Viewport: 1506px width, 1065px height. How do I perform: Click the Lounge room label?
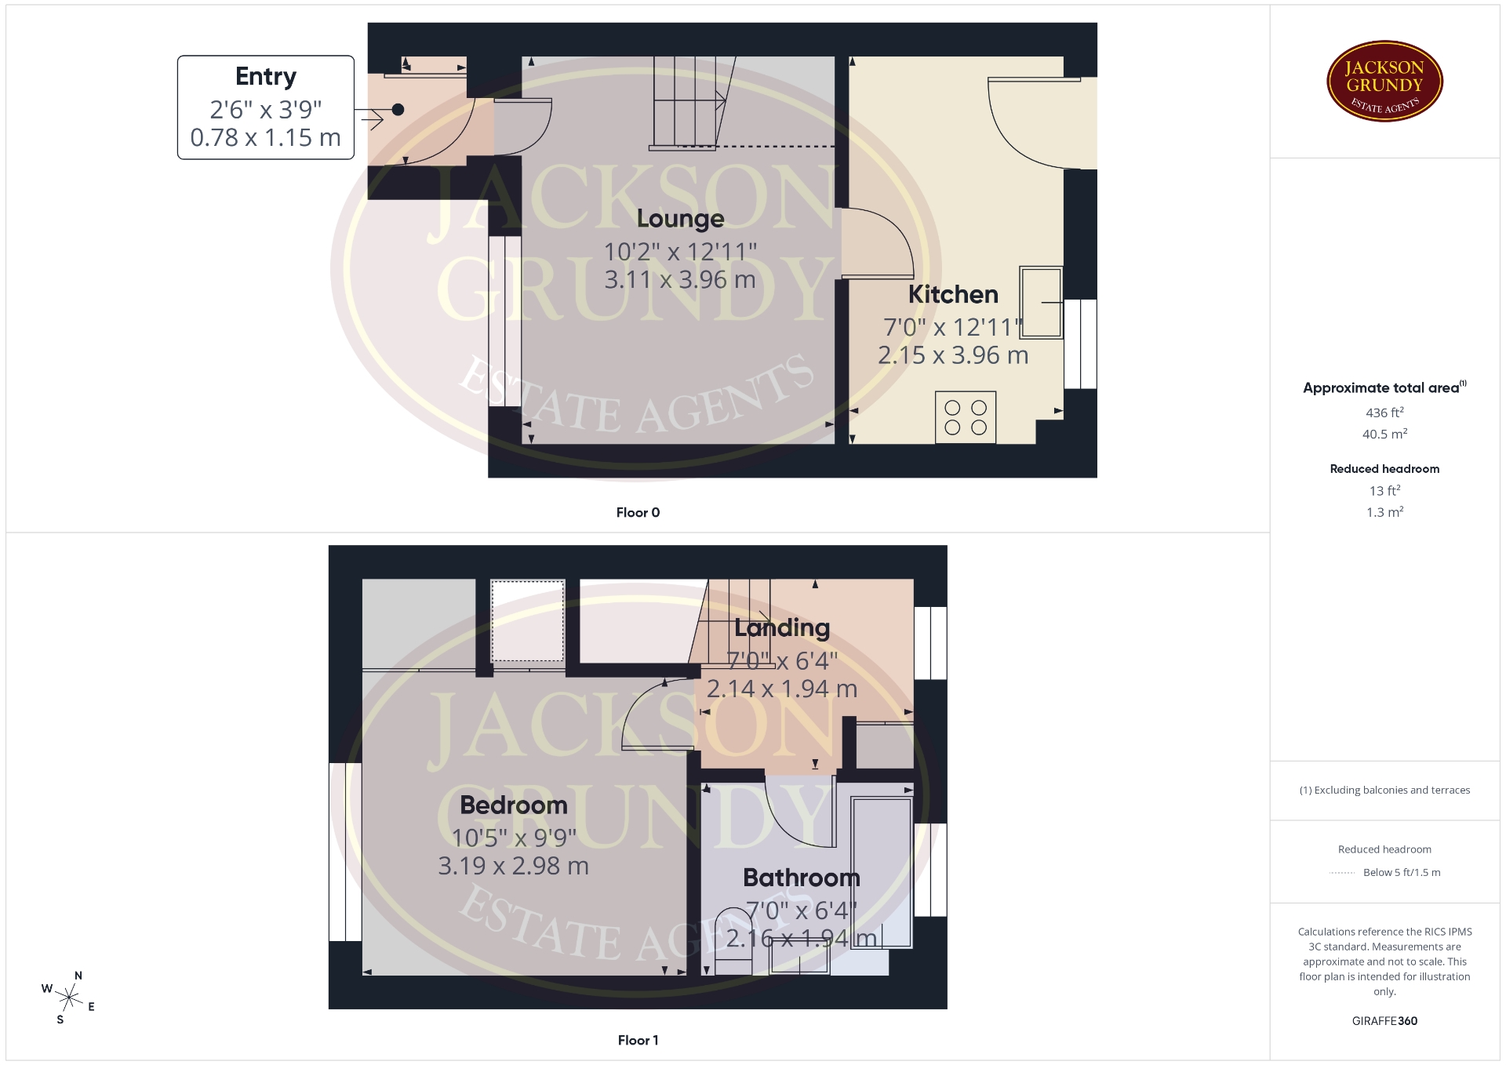(x=680, y=219)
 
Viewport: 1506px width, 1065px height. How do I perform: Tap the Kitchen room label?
(x=953, y=295)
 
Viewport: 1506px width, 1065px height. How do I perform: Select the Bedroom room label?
(x=513, y=805)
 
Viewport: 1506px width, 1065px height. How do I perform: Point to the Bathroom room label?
(x=801, y=878)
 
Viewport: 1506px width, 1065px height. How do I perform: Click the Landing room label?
(x=782, y=627)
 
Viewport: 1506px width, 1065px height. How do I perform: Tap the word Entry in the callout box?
(x=266, y=77)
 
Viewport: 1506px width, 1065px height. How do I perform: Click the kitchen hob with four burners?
(x=966, y=417)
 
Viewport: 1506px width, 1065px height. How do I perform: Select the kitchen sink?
(x=1041, y=302)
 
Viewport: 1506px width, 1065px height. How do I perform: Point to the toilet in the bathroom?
(x=733, y=940)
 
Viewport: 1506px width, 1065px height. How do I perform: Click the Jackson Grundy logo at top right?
(x=1384, y=82)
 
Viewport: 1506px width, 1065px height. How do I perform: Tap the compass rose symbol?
(x=69, y=998)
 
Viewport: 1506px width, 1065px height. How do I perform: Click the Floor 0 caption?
(x=638, y=512)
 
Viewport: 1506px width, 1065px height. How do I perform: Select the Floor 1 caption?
(x=638, y=1040)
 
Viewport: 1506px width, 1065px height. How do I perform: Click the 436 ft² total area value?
(x=1384, y=412)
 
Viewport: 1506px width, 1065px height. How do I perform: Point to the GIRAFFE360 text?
(x=1384, y=1020)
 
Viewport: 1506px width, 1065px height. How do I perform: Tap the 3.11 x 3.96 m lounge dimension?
(x=680, y=279)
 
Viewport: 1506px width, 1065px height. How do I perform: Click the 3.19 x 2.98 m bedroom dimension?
(x=513, y=866)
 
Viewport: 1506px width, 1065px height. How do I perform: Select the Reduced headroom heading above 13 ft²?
(x=1384, y=469)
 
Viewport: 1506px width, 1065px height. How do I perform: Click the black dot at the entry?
(x=398, y=110)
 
